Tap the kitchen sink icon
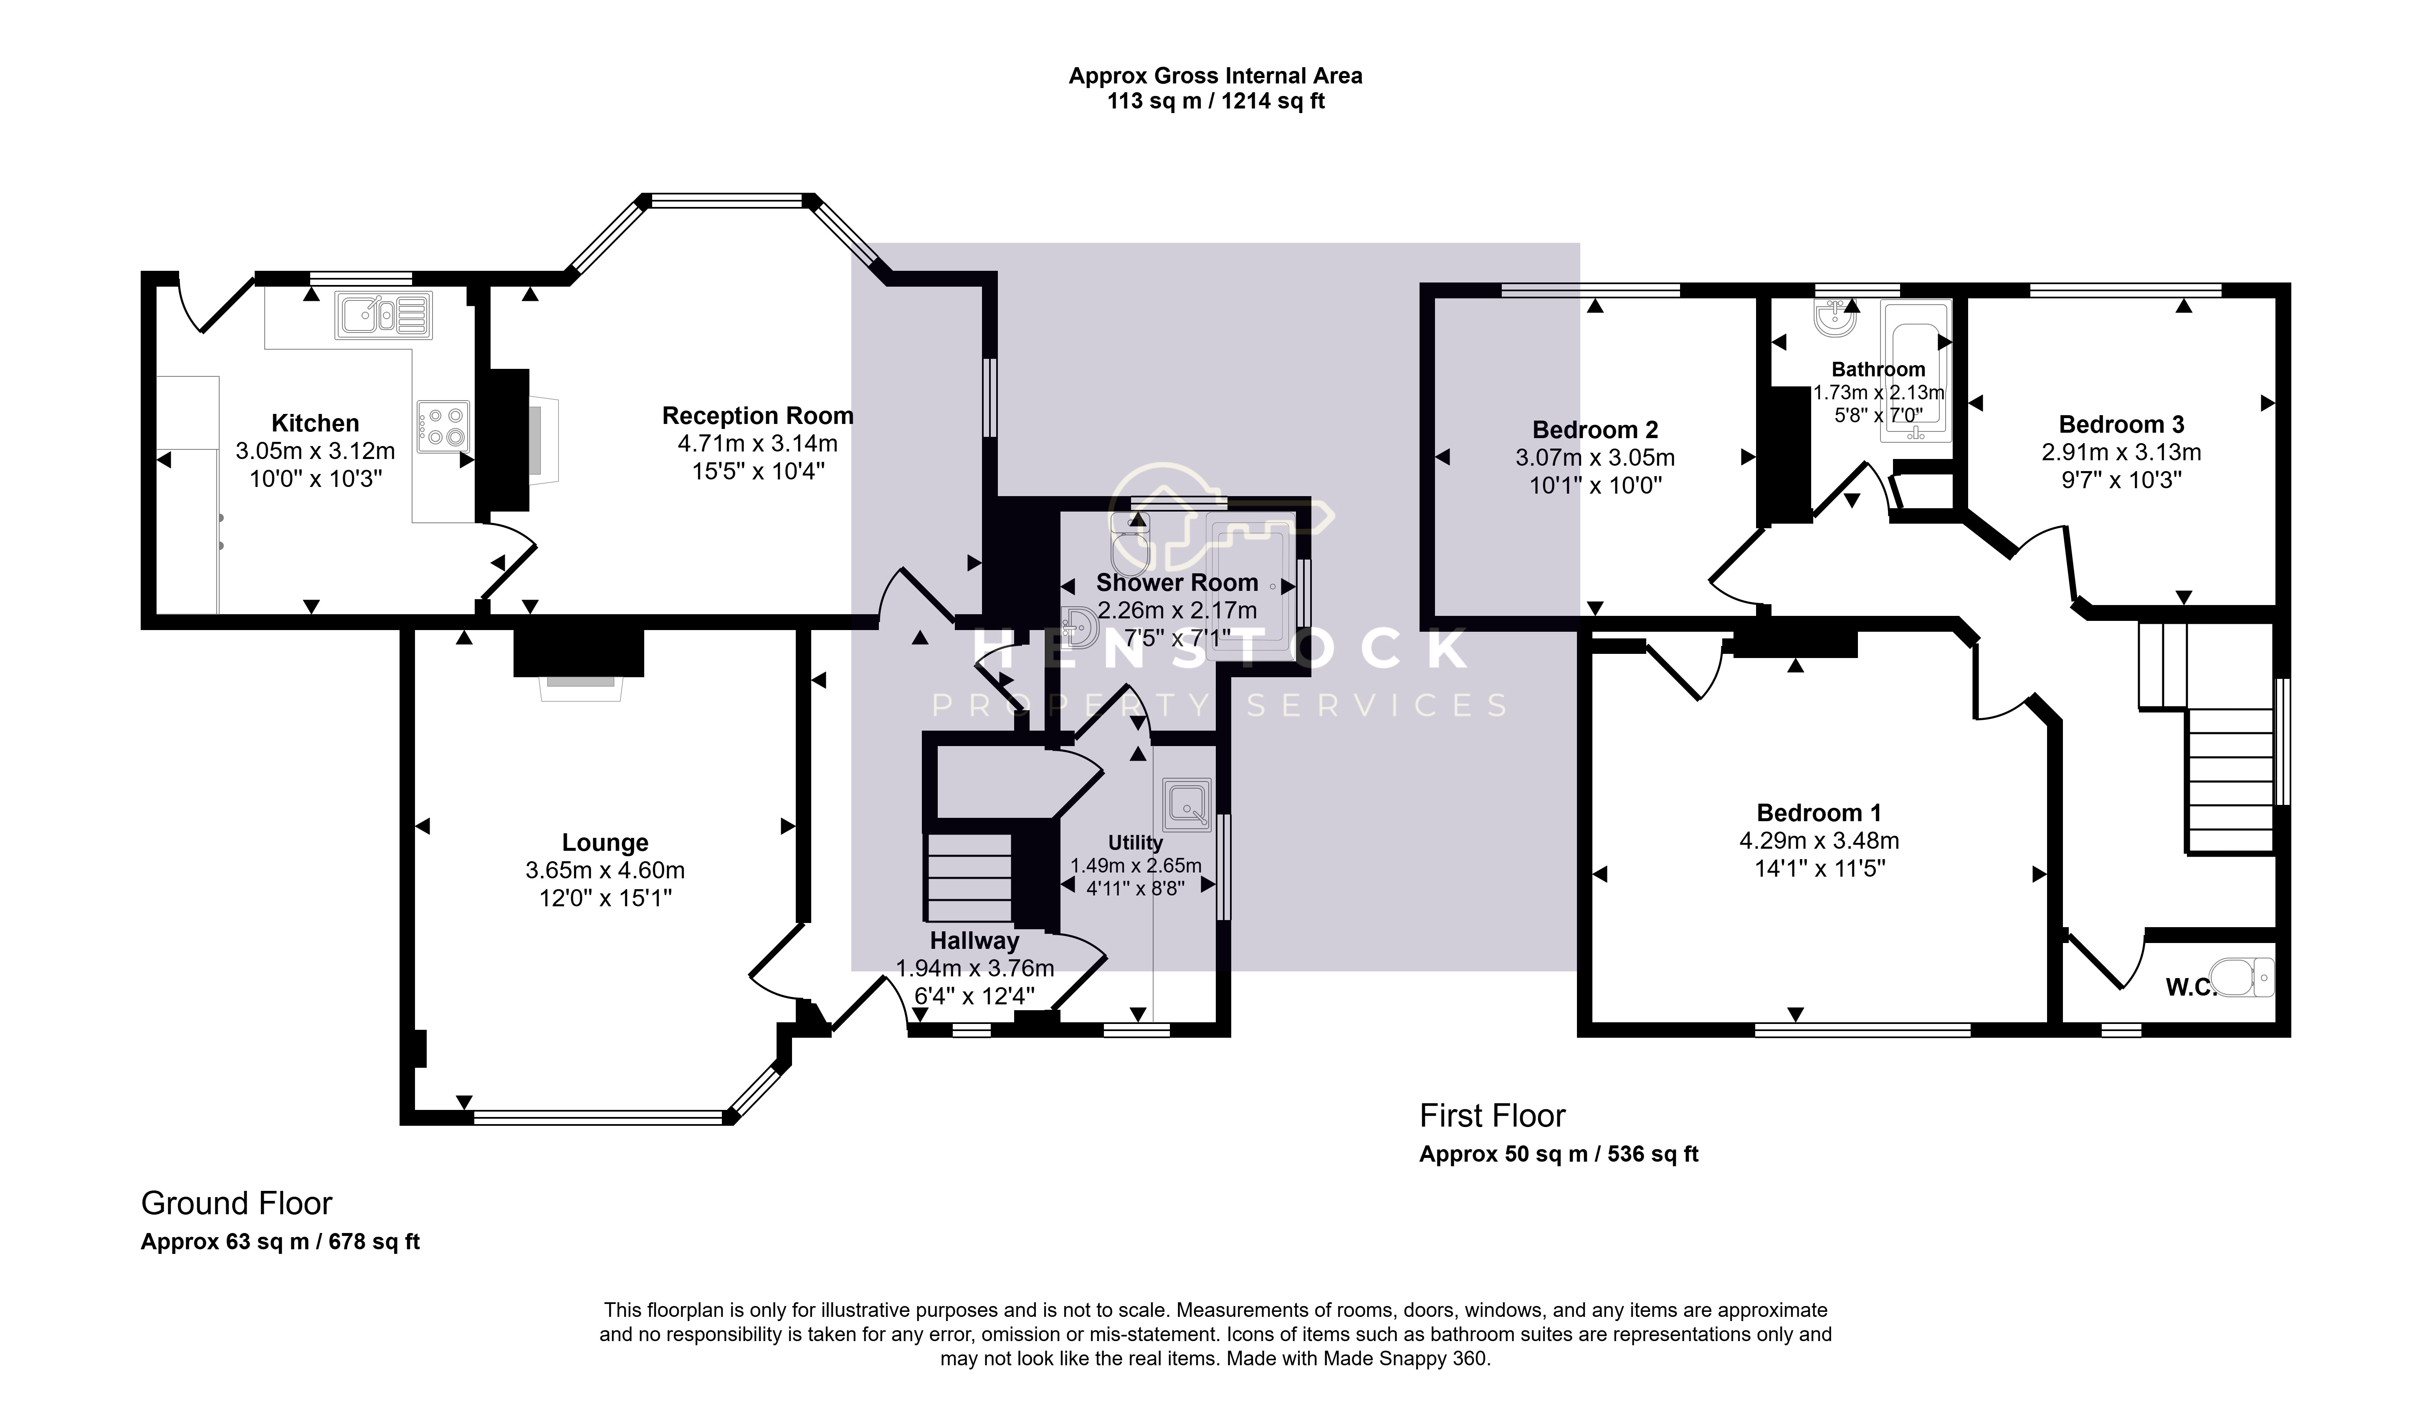[x=383, y=315]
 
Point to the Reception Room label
[x=757, y=416]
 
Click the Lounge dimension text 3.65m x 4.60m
[x=605, y=870]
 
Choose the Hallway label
[x=974, y=941]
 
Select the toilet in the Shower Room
[x=1129, y=541]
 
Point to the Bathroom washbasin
[x=1835, y=319]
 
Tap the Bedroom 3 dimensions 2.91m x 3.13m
[x=2121, y=453]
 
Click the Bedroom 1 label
[x=1818, y=813]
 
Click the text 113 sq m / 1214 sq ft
[x=1215, y=101]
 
